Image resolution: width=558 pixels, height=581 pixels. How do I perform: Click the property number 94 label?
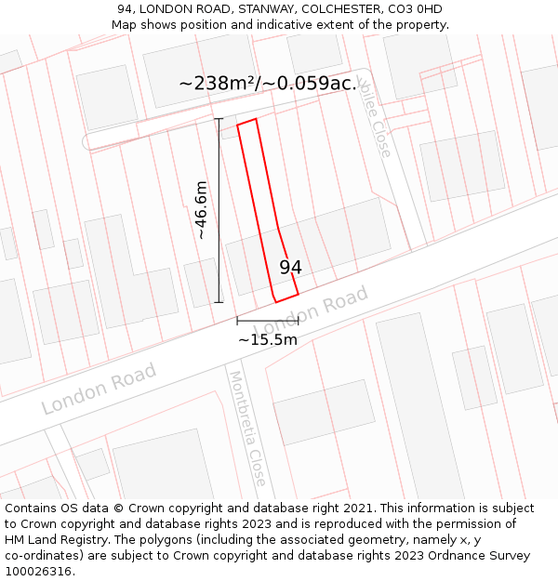click(x=290, y=267)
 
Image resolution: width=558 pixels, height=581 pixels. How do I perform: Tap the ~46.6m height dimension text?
click(x=201, y=210)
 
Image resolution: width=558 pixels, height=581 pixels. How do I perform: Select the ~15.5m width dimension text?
click(x=268, y=340)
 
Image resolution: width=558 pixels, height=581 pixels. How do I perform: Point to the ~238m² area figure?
click(x=217, y=84)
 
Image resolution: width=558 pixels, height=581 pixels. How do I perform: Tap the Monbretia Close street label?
click(x=248, y=429)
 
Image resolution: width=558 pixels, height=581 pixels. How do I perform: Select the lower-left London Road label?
click(x=99, y=389)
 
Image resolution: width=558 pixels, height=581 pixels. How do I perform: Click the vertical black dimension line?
click(x=219, y=210)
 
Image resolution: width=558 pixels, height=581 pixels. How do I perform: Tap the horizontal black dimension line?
click(x=268, y=321)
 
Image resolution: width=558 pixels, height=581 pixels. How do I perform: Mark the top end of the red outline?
click(x=246, y=122)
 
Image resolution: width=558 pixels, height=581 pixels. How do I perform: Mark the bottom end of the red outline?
click(x=286, y=298)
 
